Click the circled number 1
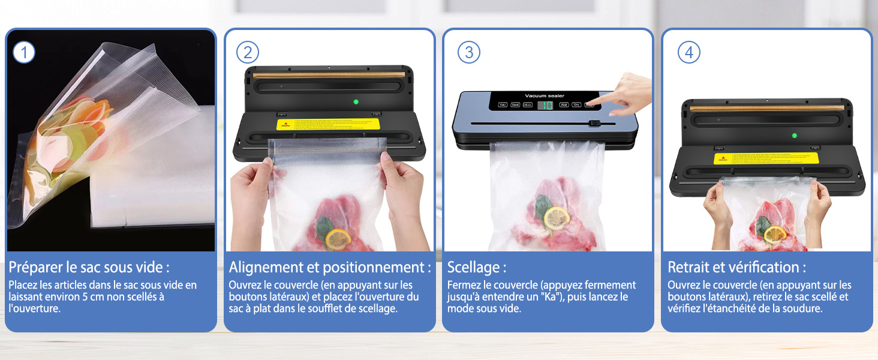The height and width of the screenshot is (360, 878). [x=24, y=53]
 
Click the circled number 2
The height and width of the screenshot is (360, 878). [x=248, y=53]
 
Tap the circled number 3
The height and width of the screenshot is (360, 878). [x=468, y=53]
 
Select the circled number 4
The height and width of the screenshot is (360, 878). [x=688, y=53]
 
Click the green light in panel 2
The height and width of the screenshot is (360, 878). [x=356, y=101]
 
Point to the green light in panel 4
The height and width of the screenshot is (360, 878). [x=794, y=135]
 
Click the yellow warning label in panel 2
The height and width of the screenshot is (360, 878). [x=329, y=124]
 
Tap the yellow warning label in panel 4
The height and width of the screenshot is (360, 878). [x=766, y=158]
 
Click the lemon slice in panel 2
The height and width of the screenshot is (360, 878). [x=338, y=239]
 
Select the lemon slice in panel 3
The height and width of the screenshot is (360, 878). [x=557, y=217]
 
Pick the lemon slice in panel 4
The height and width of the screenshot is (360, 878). [x=775, y=233]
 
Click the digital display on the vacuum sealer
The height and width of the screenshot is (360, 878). [x=546, y=106]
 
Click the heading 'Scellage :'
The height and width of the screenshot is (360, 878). [x=477, y=267]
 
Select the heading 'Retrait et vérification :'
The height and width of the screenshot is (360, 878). [x=736, y=267]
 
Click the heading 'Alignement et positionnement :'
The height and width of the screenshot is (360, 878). [x=330, y=267]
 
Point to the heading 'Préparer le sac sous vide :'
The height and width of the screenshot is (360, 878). [x=89, y=267]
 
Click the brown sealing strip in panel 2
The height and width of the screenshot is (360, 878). [x=329, y=74]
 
